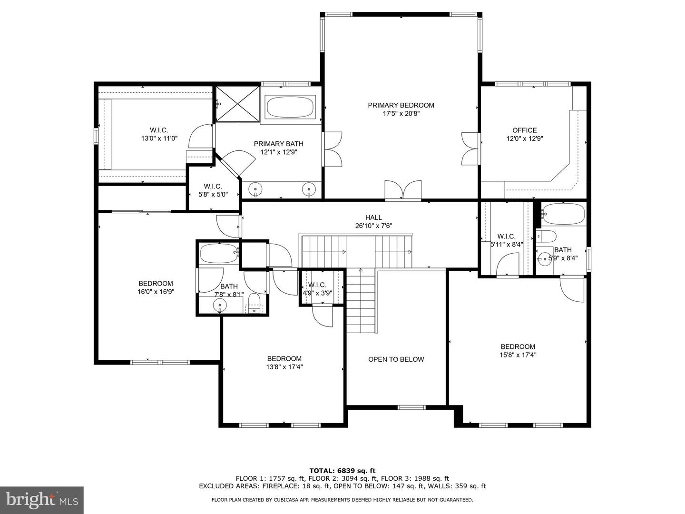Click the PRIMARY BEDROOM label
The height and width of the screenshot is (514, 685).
tap(401, 105)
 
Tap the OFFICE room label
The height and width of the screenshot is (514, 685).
tap(525, 130)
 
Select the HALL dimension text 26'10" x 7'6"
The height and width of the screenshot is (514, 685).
tap(373, 226)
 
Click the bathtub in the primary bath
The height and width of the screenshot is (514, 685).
tap(290, 107)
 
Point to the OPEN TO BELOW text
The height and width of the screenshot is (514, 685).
tap(396, 359)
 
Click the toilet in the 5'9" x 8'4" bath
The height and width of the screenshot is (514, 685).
tap(546, 236)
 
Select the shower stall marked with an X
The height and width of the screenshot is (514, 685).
tap(237, 104)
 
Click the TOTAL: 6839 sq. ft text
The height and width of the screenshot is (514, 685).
tap(342, 471)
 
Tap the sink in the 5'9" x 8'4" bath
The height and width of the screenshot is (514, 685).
tap(545, 259)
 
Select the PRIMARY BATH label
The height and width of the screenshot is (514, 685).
tap(278, 144)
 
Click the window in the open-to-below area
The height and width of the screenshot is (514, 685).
tap(411, 407)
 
